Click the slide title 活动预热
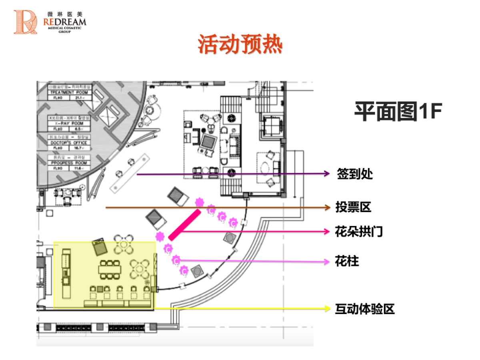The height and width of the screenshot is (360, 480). pyautogui.click(x=240, y=45)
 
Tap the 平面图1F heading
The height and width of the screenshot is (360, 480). pyautogui.click(x=398, y=111)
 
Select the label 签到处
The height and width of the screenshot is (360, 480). pyautogui.click(x=355, y=174)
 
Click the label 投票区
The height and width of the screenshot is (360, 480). pyautogui.click(x=353, y=207)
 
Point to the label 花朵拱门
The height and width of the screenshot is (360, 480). pyautogui.click(x=358, y=232)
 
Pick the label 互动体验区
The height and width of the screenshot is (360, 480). pyautogui.click(x=364, y=309)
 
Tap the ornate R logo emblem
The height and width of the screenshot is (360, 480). pyautogui.click(x=25, y=22)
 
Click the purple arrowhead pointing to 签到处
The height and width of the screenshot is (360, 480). pyautogui.click(x=327, y=174)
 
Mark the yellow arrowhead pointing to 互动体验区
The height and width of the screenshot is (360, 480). pyautogui.click(x=327, y=308)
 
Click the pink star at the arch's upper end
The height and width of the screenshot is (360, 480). pyautogui.click(x=199, y=202)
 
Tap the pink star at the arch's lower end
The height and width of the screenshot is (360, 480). pyautogui.click(x=160, y=236)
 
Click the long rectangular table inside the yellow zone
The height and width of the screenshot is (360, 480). pyautogui.click(x=109, y=270)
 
